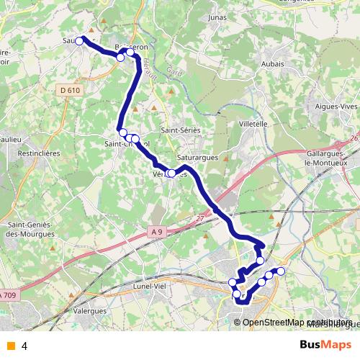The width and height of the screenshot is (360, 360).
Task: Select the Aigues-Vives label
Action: (x=336, y=106)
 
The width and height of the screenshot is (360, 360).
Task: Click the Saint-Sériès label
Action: (x=180, y=130)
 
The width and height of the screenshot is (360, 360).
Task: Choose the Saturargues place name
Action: (x=197, y=156)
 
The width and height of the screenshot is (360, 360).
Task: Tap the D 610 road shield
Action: (x=70, y=90)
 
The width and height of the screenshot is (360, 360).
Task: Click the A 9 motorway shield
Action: (x=158, y=231)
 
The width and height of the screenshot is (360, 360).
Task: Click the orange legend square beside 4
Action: (x=10, y=346)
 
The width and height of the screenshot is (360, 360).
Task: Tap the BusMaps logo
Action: (x=325, y=345)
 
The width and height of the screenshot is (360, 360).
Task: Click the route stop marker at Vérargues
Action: (x=171, y=174)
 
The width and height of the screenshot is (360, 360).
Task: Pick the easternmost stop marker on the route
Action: (x=281, y=271)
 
